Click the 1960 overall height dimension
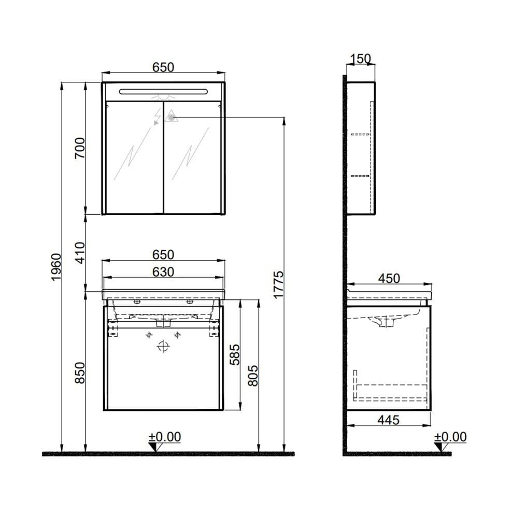pos(56,267)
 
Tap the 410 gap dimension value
pos(79,253)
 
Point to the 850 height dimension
pos(79,372)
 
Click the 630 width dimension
pos(163,272)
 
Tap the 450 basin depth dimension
pos(389,278)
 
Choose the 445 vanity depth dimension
pos(388,420)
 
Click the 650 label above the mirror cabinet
pos(163,67)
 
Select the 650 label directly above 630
pos(163,255)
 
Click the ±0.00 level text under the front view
pos(165,437)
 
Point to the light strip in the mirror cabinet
pos(163,92)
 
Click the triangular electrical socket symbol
pos(170,118)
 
